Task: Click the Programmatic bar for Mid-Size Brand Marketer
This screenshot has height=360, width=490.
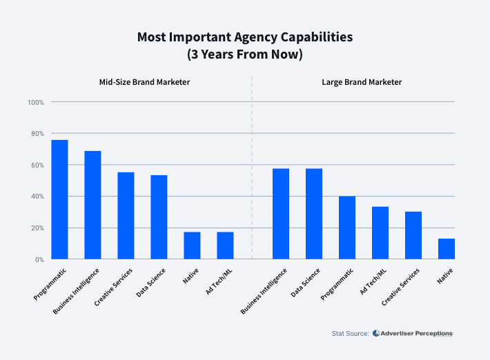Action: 59,199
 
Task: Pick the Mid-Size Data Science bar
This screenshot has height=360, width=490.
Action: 159,217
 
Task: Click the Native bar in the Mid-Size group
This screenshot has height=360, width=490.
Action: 192,246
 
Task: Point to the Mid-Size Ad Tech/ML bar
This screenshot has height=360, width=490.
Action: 225,246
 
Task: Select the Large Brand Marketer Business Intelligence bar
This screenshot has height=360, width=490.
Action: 281,214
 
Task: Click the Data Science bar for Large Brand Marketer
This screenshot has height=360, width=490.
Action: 314,214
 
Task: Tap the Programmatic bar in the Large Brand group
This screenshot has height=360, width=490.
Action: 347,228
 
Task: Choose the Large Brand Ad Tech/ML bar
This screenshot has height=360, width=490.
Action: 380,233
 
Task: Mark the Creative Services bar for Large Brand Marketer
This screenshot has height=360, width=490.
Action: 413,235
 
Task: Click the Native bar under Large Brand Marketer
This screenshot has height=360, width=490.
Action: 447,249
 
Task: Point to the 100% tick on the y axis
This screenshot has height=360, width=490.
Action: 36,102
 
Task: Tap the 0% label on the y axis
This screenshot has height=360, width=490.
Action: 39,259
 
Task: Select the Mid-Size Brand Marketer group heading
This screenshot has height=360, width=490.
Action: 144,82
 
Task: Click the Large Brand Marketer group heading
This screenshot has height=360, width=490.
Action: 362,82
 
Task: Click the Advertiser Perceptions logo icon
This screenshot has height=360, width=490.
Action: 376,333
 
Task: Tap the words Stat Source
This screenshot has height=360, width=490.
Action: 350,334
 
